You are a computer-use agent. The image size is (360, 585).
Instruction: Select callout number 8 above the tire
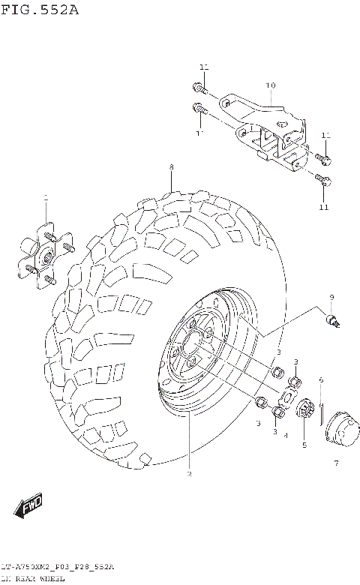point(171,166)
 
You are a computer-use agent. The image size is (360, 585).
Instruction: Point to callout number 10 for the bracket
point(270,85)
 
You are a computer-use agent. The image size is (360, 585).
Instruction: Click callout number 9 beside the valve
point(331,298)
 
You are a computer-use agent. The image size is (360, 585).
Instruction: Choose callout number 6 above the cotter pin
point(320,379)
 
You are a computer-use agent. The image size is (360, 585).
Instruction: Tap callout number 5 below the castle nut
point(304,445)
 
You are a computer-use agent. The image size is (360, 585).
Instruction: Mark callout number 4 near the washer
point(285,434)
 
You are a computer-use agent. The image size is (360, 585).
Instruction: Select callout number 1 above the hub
point(45,199)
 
